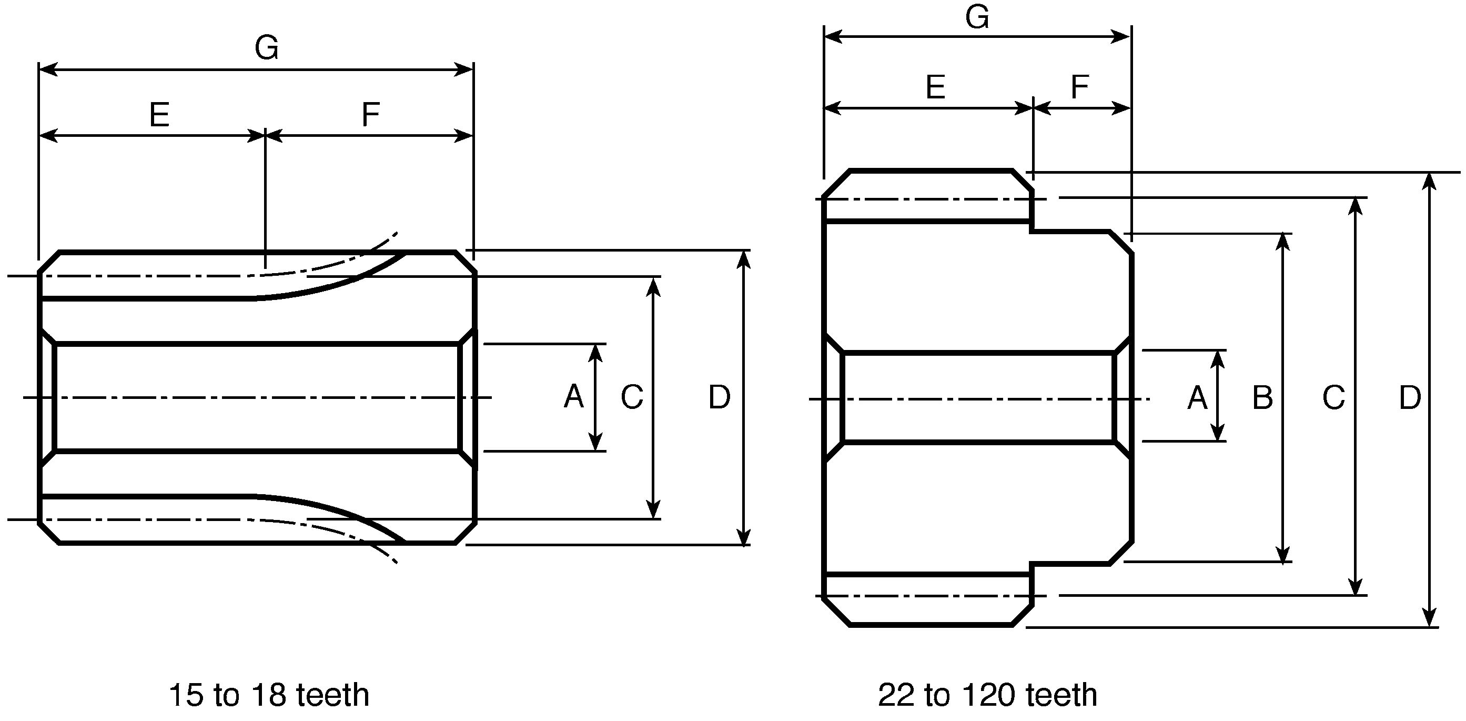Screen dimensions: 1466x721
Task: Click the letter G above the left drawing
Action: coord(267,48)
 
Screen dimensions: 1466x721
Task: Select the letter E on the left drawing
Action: coord(159,115)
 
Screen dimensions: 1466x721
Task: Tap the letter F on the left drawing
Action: coord(370,115)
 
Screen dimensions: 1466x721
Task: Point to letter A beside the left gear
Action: coord(574,396)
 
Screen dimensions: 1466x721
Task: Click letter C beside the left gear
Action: coord(632,397)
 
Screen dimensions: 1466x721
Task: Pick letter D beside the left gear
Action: coord(720,397)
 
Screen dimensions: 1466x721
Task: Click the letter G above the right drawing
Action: coord(977,17)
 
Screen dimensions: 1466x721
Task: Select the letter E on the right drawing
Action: coord(936,88)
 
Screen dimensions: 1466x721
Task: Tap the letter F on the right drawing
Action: coord(1079,88)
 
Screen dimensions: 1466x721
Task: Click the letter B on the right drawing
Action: coord(1263,397)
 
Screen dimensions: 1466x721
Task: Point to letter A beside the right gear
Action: coord(1197,397)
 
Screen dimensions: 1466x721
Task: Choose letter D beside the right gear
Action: coord(1410,397)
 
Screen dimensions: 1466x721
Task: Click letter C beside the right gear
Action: coord(1334,397)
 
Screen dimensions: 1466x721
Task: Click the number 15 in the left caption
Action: coord(187,695)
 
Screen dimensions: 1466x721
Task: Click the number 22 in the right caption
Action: coord(896,695)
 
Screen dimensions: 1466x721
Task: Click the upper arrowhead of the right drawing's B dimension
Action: coord(1283,242)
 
